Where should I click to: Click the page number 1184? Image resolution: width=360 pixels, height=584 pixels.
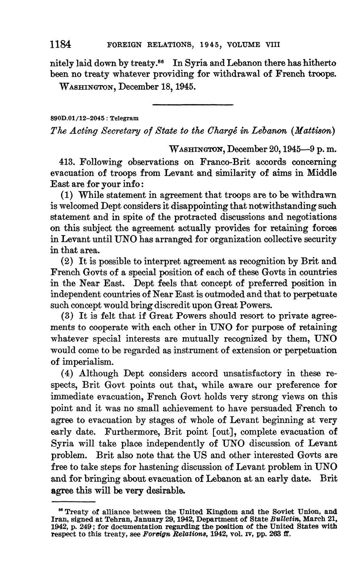coord(60,44)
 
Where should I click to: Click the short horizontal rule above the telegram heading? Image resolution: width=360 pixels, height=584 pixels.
coord(192,105)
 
